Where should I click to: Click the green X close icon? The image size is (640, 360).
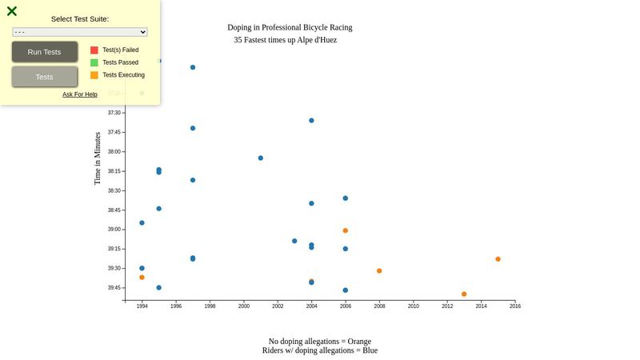[x=12, y=11]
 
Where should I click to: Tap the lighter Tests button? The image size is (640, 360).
[x=45, y=77]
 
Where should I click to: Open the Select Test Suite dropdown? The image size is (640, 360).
[x=80, y=32]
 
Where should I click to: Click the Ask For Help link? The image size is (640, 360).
[x=80, y=94]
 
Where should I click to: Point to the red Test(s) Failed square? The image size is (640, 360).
[x=94, y=50]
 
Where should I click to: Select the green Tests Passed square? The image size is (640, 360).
[x=94, y=62]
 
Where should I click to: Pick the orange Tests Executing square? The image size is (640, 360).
[x=94, y=75]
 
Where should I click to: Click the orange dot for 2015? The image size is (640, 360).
[x=498, y=259]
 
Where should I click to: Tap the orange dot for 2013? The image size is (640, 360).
[x=464, y=294]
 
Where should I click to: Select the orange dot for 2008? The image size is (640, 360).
[x=379, y=271]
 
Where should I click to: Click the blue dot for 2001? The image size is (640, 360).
[x=261, y=158]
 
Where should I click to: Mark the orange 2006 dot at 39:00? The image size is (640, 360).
[x=346, y=230]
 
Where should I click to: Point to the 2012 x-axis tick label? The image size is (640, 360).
[x=447, y=306]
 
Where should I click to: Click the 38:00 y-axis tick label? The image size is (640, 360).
[x=114, y=152]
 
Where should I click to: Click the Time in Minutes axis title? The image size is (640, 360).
[x=98, y=158]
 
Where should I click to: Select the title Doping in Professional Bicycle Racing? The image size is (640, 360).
[x=290, y=27]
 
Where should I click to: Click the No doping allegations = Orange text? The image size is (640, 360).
[x=320, y=342]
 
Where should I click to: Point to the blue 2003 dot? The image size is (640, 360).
[x=294, y=241]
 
